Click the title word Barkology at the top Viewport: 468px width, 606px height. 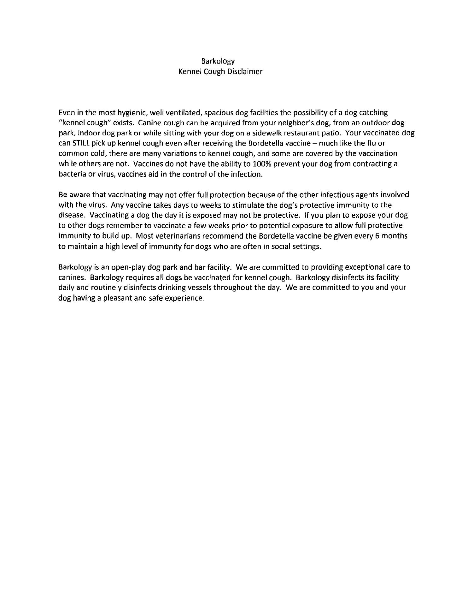click(x=218, y=61)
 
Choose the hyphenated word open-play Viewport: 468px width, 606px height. click(x=126, y=267)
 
